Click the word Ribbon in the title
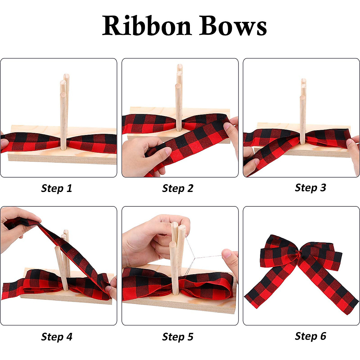point(147,26)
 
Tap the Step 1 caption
point(56,188)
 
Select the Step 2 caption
point(178,188)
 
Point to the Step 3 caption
point(310,187)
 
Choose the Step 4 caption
point(56,337)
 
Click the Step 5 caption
point(178,337)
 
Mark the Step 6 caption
point(310,336)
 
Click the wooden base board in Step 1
point(60,157)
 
